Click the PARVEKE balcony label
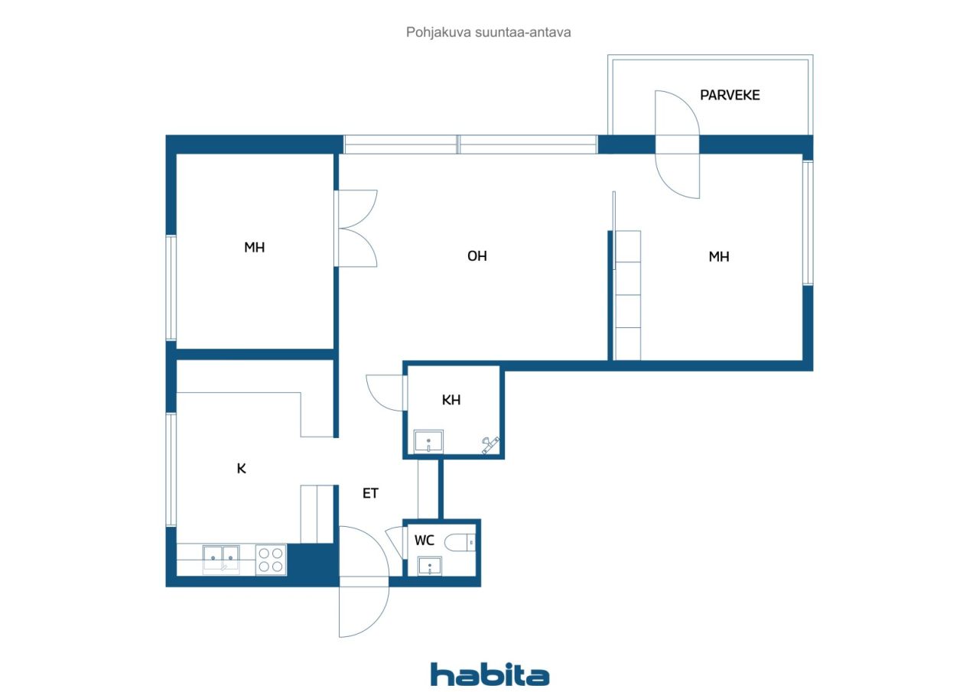tap(730, 96)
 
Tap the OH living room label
tap(476, 256)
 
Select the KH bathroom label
tap(451, 400)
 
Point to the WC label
tap(424, 541)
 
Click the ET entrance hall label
tap(370, 493)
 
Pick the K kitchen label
tap(241, 469)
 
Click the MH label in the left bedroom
tap(255, 248)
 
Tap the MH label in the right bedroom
tap(719, 257)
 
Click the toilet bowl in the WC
tap(460, 543)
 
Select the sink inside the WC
tap(429, 567)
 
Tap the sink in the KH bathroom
tap(428, 442)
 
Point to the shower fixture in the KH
tap(490, 444)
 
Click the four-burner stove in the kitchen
tap(271, 560)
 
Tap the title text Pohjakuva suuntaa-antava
tap(488, 32)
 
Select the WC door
tap(395, 542)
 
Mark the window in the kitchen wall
tap(171, 469)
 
